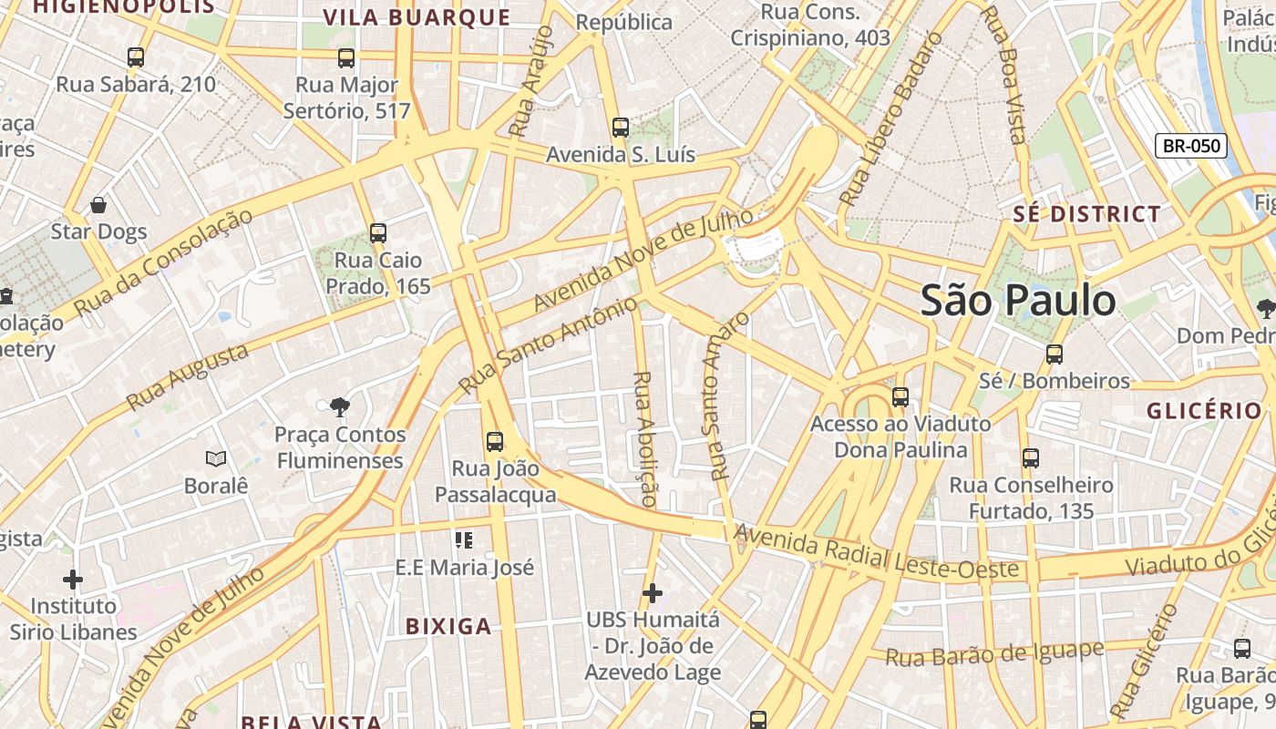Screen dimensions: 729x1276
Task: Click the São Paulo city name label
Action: pos(1017,301)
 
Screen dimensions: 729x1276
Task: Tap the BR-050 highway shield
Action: pos(1190,146)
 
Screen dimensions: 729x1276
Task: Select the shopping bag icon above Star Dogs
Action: pos(98,205)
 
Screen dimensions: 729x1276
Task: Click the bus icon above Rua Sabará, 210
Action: pos(136,57)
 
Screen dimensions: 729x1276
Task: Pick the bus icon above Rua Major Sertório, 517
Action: pos(346,58)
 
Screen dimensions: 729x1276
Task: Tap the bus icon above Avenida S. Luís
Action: pos(621,128)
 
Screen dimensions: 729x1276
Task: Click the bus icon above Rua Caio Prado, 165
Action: pos(378,233)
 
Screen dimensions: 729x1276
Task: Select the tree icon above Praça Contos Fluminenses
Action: pos(340,406)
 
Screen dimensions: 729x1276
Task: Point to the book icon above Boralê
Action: pos(216,458)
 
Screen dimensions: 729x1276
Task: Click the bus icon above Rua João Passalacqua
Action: pos(495,442)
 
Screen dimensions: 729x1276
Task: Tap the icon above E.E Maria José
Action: pos(464,540)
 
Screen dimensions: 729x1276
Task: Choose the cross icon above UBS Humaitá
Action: pos(653,593)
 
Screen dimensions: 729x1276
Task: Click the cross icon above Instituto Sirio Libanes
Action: pos(73,579)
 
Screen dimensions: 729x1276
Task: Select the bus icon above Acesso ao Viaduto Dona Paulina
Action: pos(900,396)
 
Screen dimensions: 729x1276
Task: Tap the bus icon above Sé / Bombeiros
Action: pos(1055,354)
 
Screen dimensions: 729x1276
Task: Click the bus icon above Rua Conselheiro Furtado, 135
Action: pos(1031,458)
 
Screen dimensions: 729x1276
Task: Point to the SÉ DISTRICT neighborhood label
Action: pos(1087,215)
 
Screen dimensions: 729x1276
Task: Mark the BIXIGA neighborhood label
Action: pos(448,626)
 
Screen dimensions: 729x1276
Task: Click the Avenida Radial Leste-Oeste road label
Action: pos(876,550)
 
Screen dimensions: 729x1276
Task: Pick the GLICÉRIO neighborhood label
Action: pos(1204,411)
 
